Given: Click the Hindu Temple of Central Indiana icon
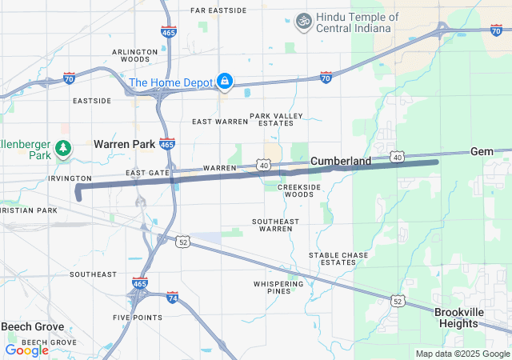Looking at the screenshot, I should (x=303, y=21).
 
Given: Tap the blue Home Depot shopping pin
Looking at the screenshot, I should (x=226, y=82).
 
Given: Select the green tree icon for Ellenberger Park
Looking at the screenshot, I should (x=63, y=149).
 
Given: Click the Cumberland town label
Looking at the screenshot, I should (x=341, y=161).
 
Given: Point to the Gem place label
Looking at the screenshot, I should (x=482, y=151).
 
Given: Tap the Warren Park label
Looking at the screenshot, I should (x=123, y=144).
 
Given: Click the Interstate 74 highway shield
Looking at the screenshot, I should (x=172, y=297).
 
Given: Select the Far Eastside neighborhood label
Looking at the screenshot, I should (x=219, y=10).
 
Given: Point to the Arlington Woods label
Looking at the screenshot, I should (x=130, y=55).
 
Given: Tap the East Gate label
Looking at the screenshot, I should (x=148, y=173).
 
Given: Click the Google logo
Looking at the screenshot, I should (x=26, y=350).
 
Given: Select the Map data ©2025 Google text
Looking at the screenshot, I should (x=462, y=354).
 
